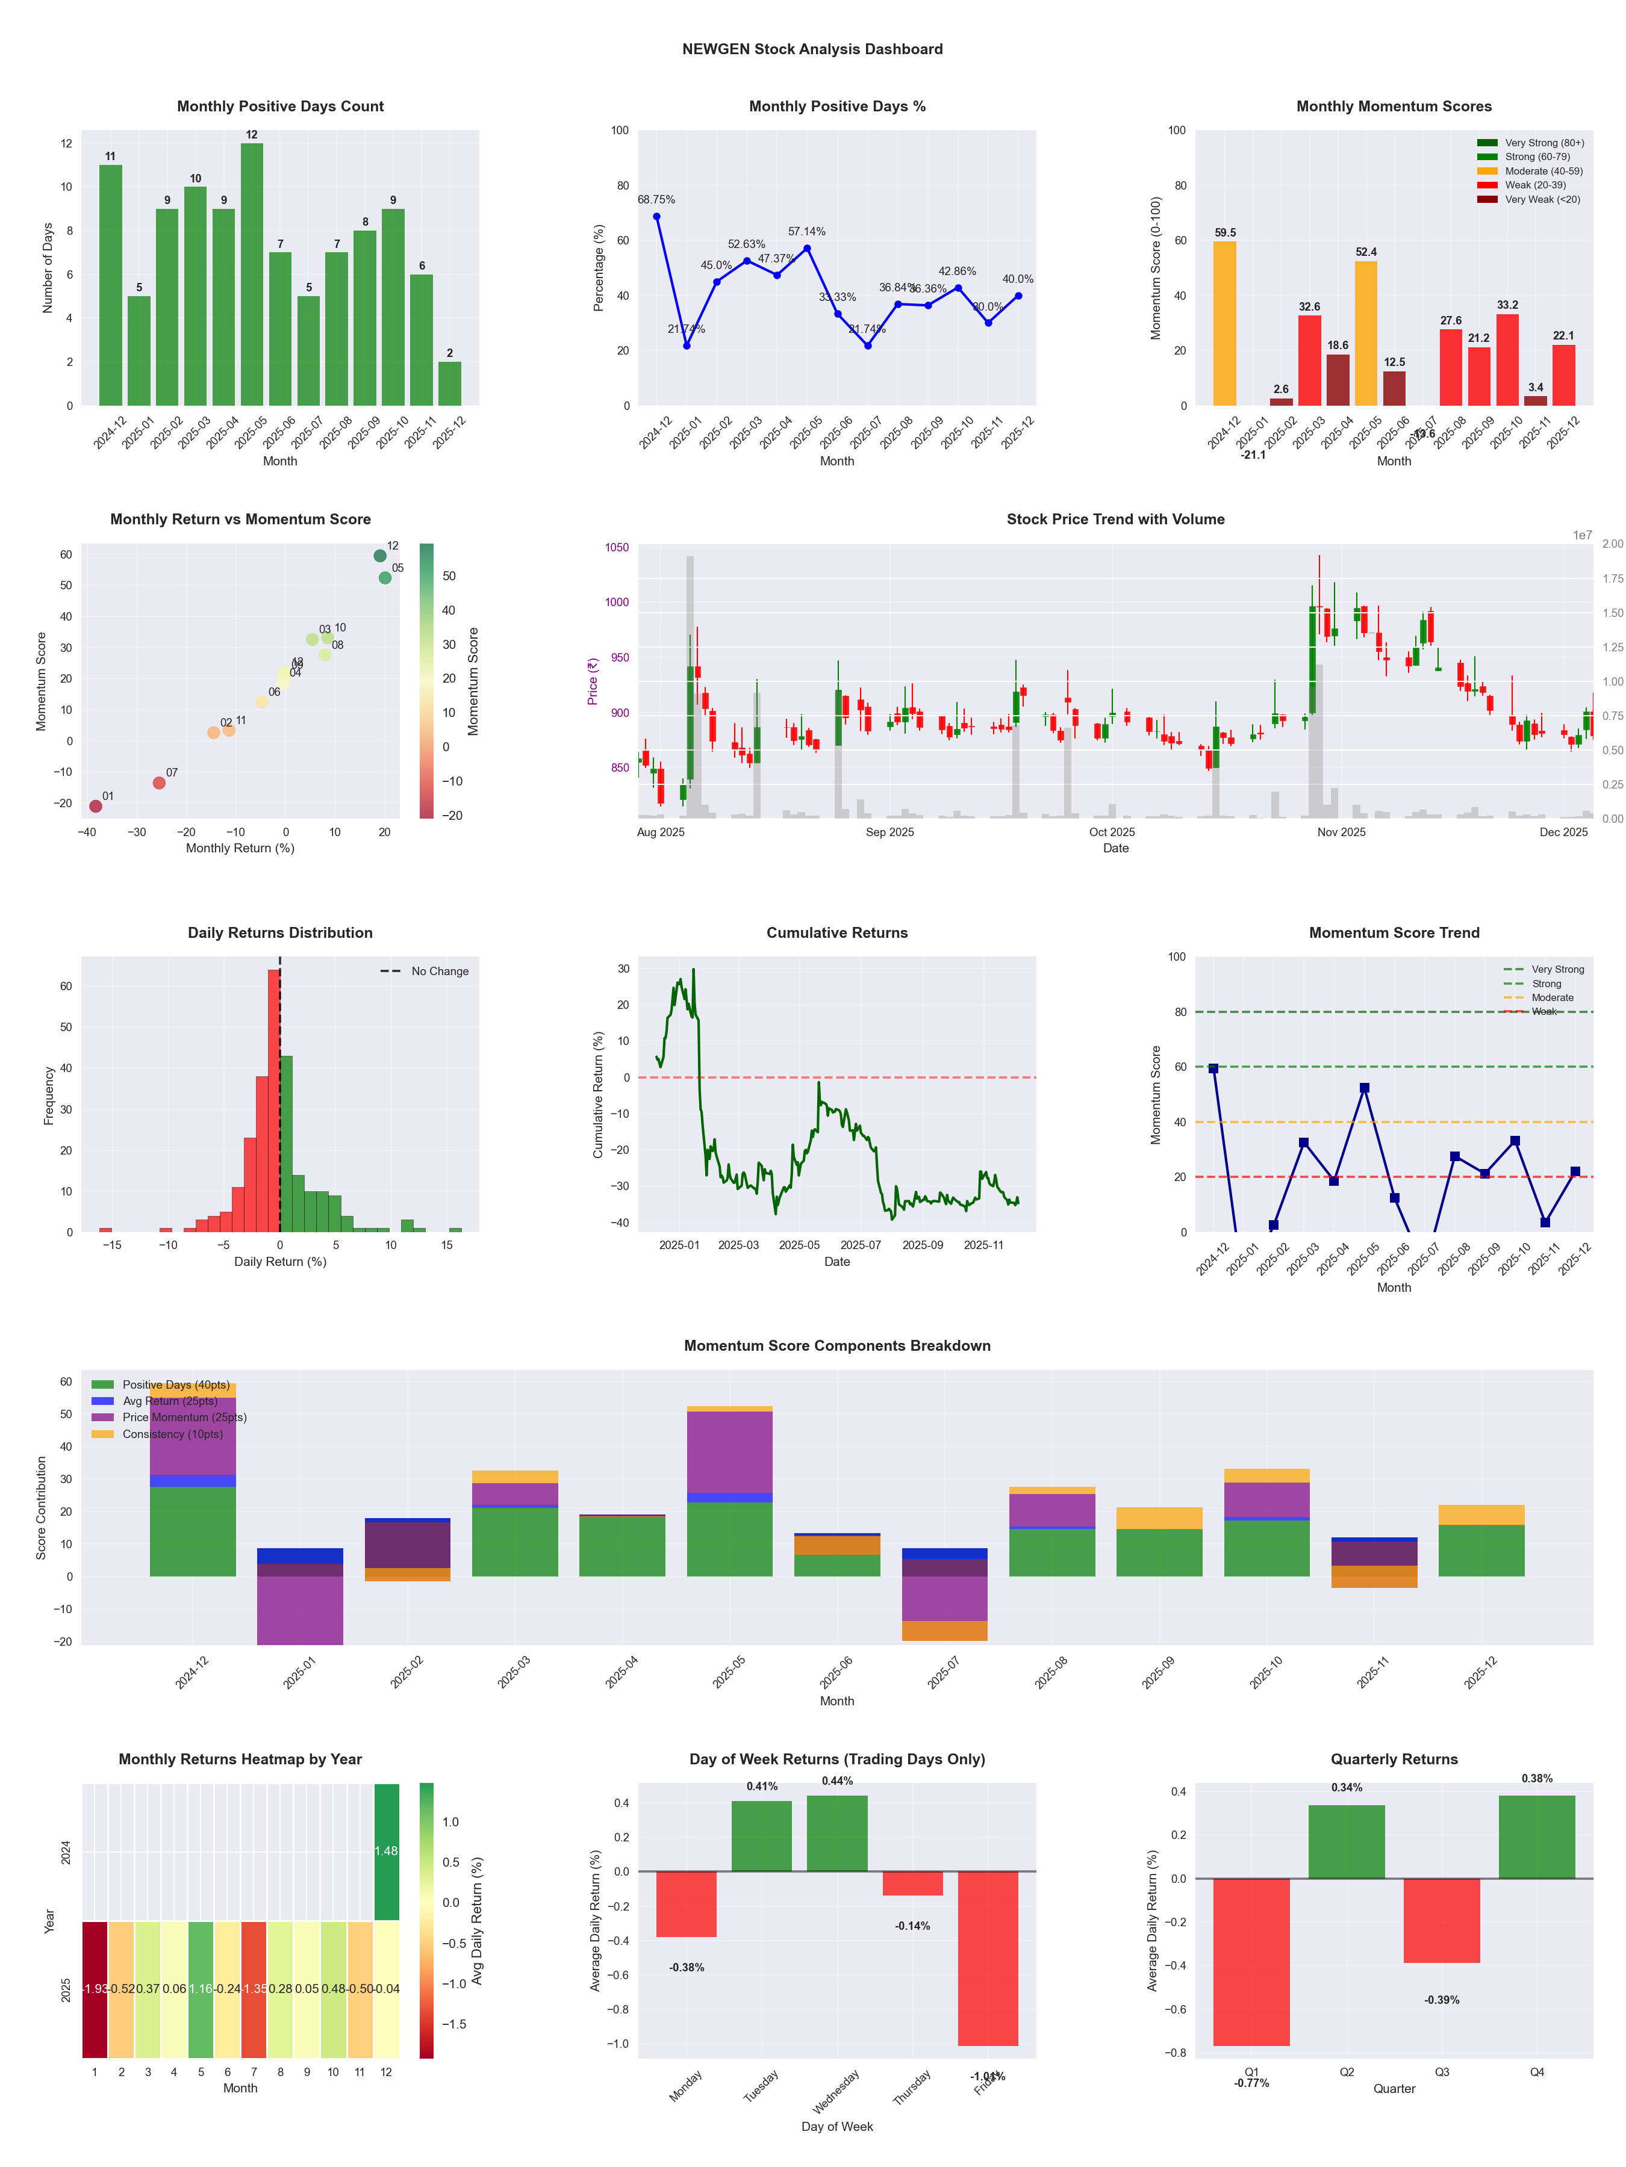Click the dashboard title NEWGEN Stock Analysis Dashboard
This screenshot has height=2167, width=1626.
812,49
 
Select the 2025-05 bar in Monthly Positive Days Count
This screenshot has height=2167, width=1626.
252,274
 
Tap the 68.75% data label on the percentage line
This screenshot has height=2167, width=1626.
656,200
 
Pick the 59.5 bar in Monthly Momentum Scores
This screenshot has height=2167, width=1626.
1224,323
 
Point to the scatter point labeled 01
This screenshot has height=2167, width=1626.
95,806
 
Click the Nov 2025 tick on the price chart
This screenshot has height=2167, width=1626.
1341,832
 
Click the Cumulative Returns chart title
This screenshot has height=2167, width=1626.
837,932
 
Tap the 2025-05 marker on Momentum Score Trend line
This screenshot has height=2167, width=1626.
1364,1088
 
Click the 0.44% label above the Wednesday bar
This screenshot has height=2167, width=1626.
837,1781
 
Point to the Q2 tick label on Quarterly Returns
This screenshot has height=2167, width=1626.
1347,2072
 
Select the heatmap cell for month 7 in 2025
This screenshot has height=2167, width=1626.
254,1989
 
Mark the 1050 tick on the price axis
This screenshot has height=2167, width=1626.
617,548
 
